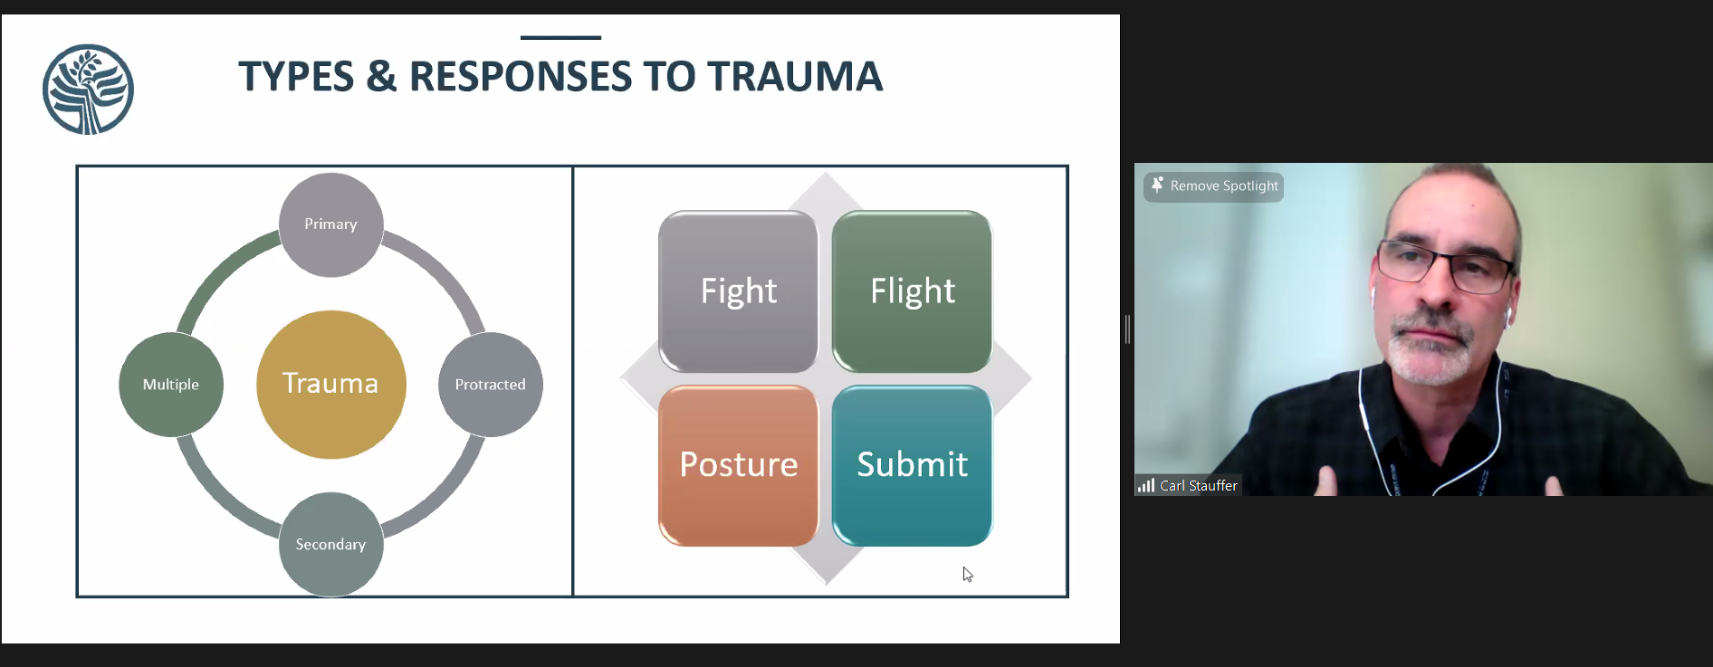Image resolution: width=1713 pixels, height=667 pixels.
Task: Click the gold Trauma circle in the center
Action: (331, 385)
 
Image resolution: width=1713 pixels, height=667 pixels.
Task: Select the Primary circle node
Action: (330, 224)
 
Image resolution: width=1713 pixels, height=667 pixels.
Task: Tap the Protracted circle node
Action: (491, 385)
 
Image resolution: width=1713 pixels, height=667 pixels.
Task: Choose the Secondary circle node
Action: (330, 545)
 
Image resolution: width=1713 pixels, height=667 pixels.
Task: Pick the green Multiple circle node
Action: (171, 385)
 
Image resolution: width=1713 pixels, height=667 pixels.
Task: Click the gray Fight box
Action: (738, 291)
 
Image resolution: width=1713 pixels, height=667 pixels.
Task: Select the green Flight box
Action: (912, 291)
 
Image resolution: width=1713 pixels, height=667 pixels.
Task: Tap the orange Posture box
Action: (738, 465)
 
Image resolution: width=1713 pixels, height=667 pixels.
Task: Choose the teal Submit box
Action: (912, 465)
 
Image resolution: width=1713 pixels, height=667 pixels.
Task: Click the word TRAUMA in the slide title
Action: (795, 77)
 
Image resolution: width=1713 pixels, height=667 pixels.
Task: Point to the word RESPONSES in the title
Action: (521, 77)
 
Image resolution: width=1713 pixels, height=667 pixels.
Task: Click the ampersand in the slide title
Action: (381, 77)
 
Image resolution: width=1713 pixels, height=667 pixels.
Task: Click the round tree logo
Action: (88, 90)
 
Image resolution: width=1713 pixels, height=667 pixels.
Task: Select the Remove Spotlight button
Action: (1213, 186)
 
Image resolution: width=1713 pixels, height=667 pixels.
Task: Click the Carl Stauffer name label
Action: (1199, 486)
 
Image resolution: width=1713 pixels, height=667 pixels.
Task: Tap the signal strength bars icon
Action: (1146, 486)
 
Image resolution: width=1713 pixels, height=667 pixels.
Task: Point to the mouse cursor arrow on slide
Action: (967, 574)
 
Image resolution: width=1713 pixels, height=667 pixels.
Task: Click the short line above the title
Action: (560, 37)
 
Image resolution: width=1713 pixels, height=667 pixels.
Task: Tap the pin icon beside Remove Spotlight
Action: (1157, 185)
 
